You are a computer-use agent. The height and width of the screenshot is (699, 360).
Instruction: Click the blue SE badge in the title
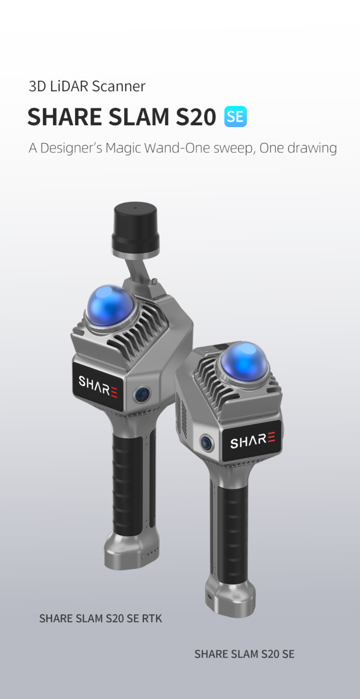[x=235, y=117]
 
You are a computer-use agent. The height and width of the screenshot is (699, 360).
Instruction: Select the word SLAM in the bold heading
[x=139, y=117]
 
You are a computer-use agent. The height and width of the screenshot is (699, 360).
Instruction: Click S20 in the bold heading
[x=196, y=117]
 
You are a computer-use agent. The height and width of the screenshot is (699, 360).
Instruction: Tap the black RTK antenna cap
[x=135, y=228]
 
